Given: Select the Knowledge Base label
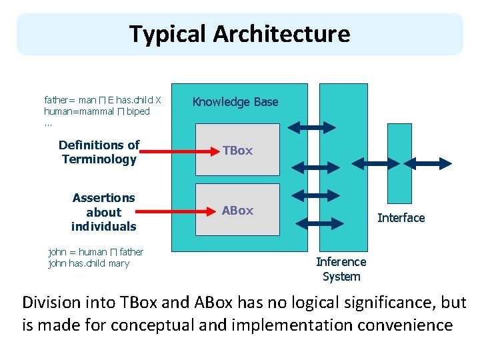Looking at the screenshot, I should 235,102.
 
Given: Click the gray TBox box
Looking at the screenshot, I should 237,151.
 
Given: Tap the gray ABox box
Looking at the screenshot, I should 237,211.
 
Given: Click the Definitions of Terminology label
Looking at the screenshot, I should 99,152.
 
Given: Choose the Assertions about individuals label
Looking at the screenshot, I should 103,212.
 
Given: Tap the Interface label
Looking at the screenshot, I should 401,218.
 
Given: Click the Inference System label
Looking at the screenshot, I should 341,269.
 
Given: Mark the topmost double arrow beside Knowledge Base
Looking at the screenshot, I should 308,127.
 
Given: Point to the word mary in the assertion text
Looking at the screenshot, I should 119,263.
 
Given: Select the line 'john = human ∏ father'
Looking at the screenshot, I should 96,252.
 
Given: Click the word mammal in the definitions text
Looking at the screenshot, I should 95,112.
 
